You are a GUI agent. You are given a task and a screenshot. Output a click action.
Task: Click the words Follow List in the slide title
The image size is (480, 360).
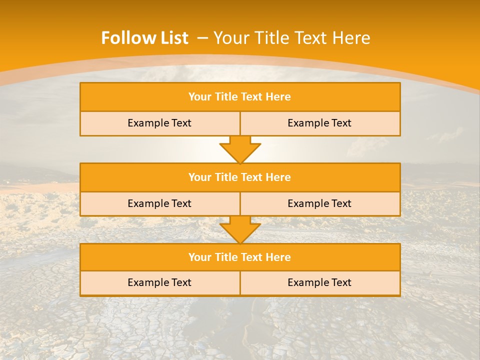(x=144, y=38)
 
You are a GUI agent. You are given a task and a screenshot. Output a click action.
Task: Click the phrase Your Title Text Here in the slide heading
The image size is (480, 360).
(x=292, y=38)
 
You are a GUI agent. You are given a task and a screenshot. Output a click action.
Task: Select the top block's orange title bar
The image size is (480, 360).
(x=240, y=97)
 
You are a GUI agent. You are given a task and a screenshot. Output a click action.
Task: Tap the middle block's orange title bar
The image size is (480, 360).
(x=240, y=177)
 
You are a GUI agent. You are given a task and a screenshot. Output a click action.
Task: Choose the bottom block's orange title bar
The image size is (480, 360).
(x=240, y=257)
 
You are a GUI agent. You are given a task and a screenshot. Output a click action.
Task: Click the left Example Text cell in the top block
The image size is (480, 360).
(x=159, y=123)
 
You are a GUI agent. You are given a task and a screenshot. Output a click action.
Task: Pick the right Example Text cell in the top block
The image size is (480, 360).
(x=319, y=123)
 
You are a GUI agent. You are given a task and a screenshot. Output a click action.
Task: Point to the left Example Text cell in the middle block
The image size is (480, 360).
(x=159, y=203)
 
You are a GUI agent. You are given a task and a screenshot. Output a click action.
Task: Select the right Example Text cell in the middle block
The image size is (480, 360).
(x=319, y=203)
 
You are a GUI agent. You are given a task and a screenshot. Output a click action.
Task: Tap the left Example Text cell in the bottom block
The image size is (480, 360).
(x=159, y=282)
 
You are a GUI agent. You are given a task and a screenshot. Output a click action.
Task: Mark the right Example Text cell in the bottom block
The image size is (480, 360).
(x=319, y=282)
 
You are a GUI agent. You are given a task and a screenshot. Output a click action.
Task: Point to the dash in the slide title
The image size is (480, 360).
(x=202, y=38)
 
